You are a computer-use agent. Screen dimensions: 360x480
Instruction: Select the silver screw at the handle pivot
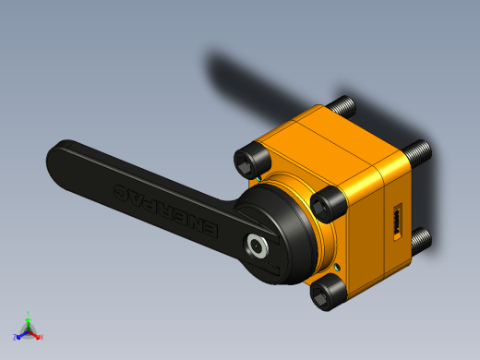point(254,245)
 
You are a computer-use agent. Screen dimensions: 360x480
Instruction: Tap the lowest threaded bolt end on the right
point(421,241)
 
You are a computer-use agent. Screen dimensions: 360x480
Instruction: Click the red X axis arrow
point(37,336)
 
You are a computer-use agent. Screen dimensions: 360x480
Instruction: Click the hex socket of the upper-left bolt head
point(245,163)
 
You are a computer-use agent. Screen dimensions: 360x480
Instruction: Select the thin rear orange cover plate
point(394,166)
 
